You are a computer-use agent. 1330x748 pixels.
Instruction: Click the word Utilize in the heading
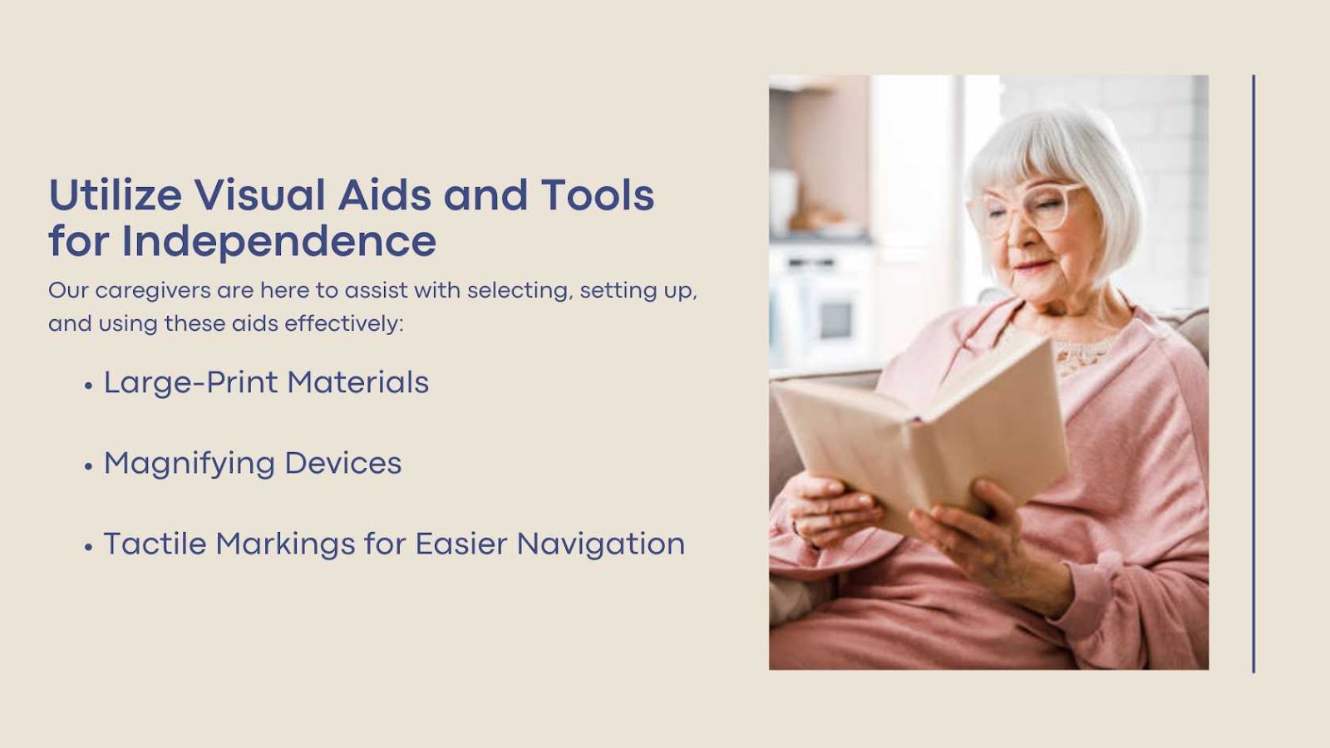tap(116, 194)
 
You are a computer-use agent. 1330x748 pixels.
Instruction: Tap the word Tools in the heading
tap(598, 194)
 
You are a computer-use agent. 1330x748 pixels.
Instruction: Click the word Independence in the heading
tap(278, 241)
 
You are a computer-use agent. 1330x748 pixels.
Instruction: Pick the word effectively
tap(344, 324)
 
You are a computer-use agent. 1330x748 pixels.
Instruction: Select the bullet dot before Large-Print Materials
tap(88, 386)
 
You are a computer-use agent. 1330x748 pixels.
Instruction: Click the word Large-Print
tap(190, 382)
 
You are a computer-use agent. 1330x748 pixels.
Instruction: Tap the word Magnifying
tap(190, 464)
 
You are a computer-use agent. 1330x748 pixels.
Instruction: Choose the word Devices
tap(343, 463)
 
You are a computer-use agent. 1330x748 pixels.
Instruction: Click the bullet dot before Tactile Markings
tap(88, 548)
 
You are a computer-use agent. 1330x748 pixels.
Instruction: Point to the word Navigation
tap(601, 544)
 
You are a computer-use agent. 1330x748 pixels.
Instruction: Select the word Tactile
tap(155, 544)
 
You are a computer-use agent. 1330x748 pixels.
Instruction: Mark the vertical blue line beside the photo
tap(1254, 374)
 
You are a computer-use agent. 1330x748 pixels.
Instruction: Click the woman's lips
tap(1032, 265)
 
